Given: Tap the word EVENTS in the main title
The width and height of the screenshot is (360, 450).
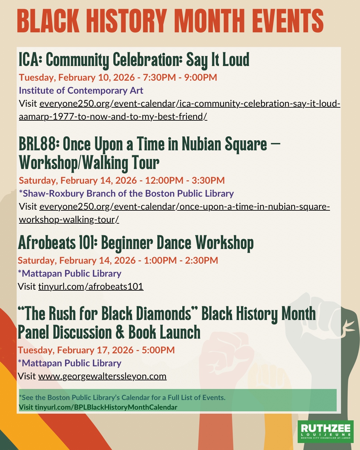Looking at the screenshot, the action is [288, 21].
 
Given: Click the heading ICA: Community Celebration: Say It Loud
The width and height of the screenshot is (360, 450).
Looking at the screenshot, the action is [134, 60].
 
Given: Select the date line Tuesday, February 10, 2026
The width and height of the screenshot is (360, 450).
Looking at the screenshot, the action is [77, 77].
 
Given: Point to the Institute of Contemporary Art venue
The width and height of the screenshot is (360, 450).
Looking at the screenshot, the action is [81, 91].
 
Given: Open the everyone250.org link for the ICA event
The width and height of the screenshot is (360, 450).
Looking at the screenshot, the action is [179, 110].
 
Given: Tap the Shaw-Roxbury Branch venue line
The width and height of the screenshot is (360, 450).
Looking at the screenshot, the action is [126, 193].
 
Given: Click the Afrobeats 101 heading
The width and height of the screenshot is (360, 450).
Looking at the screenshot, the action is [136, 243].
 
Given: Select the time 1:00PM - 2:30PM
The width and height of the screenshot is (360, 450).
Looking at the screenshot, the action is [181, 260].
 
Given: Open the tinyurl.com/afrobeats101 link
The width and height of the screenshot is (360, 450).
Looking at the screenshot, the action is [91, 286].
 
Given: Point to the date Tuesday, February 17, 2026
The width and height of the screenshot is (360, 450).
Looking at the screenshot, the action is [76, 350].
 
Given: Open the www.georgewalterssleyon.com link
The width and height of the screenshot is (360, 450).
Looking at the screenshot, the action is [102, 376].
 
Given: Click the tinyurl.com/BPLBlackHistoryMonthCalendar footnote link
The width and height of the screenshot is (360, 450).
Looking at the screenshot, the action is [106, 407].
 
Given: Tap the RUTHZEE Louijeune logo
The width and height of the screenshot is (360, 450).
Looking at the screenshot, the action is [325, 432].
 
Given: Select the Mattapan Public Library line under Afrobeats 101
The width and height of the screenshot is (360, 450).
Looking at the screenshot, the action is [70, 274].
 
